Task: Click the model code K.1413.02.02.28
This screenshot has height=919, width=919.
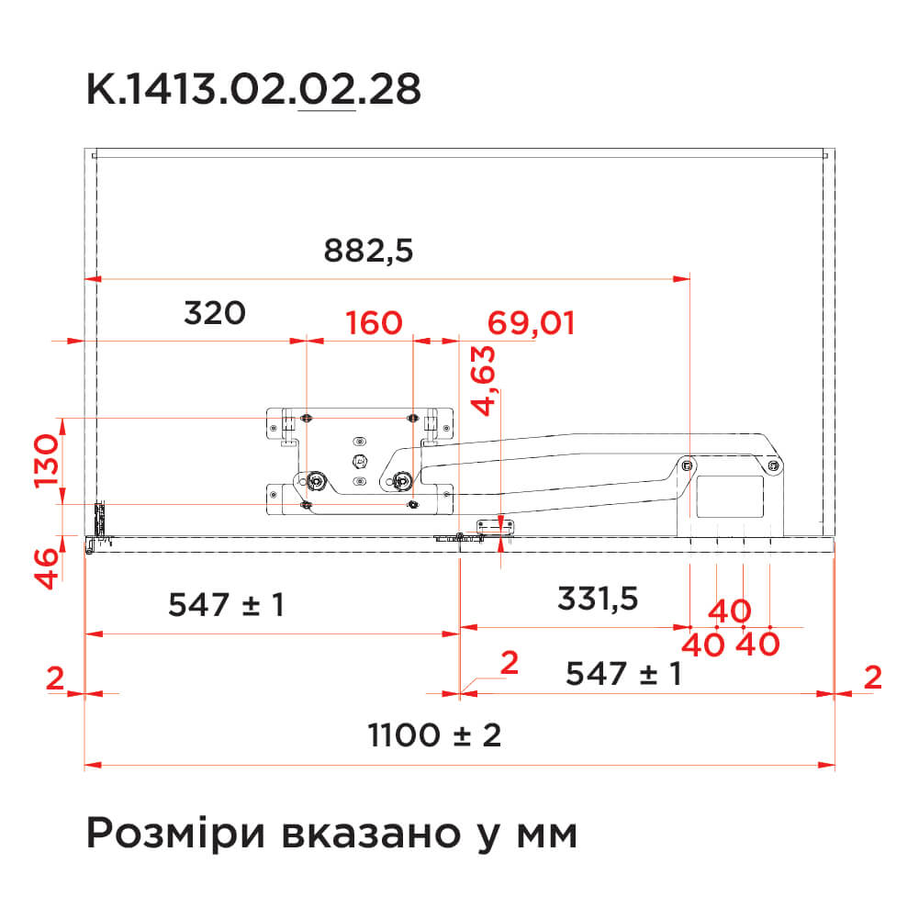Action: pyautogui.click(x=253, y=89)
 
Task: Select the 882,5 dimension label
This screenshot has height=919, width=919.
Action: pyautogui.click(x=368, y=251)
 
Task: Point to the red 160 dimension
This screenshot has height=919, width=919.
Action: pyautogui.click(x=374, y=322)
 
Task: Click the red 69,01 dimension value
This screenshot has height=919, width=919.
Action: pyautogui.click(x=531, y=323)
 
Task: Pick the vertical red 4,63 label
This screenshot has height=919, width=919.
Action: pyautogui.click(x=484, y=381)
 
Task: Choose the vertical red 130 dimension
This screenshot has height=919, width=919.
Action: pyautogui.click(x=46, y=461)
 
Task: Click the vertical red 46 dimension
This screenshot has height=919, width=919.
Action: pyautogui.click(x=46, y=568)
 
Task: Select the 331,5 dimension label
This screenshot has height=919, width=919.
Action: pyautogui.click(x=598, y=599)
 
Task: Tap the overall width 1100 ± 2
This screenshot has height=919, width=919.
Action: pyautogui.click(x=434, y=735)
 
